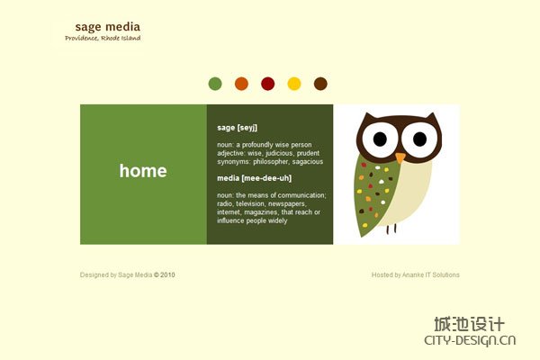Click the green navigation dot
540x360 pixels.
pyautogui.click(x=215, y=84)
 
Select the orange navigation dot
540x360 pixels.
pyautogui.click(x=241, y=84)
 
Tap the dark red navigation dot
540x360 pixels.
pyautogui.click(x=268, y=84)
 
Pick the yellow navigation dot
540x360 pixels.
pyautogui.click(x=294, y=84)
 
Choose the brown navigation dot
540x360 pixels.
pyautogui.click(x=320, y=84)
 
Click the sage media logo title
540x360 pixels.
pyautogui.click(x=108, y=27)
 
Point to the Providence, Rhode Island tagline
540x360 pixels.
pyautogui.click(x=103, y=38)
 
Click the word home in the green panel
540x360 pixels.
pyautogui.click(x=143, y=171)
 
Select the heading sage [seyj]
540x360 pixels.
pyautogui.click(x=237, y=128)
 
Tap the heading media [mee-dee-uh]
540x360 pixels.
pyautogui.click(x=254, y=178)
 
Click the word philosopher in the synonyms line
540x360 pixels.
pyautogui.click(x=271, y=162)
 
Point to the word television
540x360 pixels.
pyautogui.click(x=250, y=203)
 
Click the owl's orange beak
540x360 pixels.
pyautogui.click(x=400, y=157)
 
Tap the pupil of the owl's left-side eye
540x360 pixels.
pyautogui.click(x=380, y=139)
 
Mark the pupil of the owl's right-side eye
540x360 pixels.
pyautogui.click(x=419, y=139)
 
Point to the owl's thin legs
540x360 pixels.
pyautogui.click(x=391, y=229)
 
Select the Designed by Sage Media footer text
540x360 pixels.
pyautogui.click(x=128, y=274)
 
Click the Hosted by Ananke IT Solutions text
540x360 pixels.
pyautogui.click(x=415, y=274)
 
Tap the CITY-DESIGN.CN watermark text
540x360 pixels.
pyautogui.click(x=470, y=340)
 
